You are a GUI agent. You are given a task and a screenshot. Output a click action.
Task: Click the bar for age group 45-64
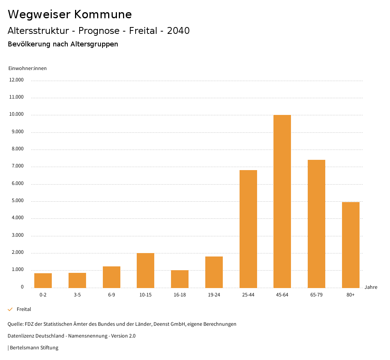282,201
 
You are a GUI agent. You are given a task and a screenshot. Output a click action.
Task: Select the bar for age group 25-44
248,229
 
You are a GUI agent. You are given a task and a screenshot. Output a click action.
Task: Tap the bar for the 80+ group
350,245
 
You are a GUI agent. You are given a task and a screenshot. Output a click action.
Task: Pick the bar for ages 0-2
43,280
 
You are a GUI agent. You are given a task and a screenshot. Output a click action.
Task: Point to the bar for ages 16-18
180,279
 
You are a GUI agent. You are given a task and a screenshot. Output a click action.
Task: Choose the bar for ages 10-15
145,270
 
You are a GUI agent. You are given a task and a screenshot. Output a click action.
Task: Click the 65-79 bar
316,224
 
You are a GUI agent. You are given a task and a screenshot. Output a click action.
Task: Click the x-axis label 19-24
214,295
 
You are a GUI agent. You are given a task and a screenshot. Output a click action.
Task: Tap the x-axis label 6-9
112,295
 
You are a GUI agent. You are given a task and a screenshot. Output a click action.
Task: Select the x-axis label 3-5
77,295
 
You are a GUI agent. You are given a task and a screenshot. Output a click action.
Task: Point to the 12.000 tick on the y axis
17,80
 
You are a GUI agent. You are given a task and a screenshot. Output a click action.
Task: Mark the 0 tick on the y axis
22,287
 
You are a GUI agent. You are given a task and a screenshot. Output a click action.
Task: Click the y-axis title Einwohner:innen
27,68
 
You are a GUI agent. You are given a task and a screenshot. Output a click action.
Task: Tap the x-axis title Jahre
371,287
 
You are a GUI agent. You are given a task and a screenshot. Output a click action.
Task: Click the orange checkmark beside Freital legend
10,309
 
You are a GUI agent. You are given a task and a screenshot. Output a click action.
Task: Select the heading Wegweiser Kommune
70,14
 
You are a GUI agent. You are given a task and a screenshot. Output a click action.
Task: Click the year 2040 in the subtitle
178,31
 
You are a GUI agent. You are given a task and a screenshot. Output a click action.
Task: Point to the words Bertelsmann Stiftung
34,347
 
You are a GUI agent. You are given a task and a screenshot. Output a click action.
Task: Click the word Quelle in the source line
15,324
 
